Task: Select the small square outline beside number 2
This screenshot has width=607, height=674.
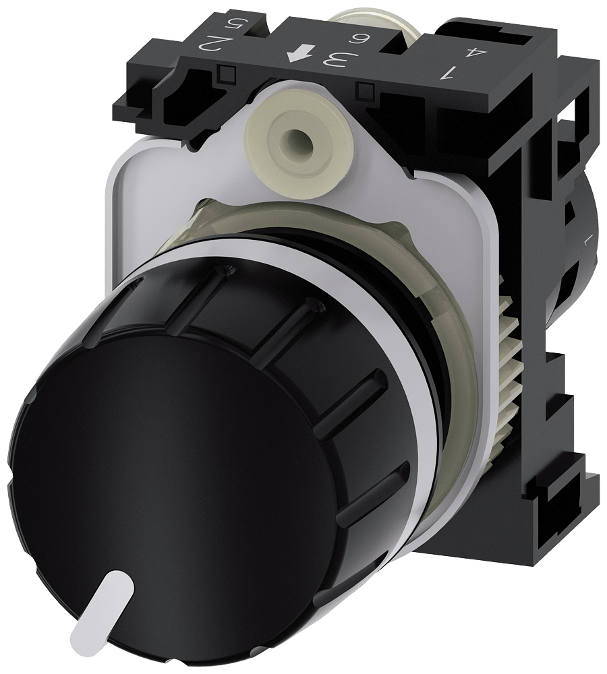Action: click(227, 72)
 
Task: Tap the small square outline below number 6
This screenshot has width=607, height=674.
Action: click(367, 88)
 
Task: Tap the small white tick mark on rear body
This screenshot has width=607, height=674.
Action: click(584, 240)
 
